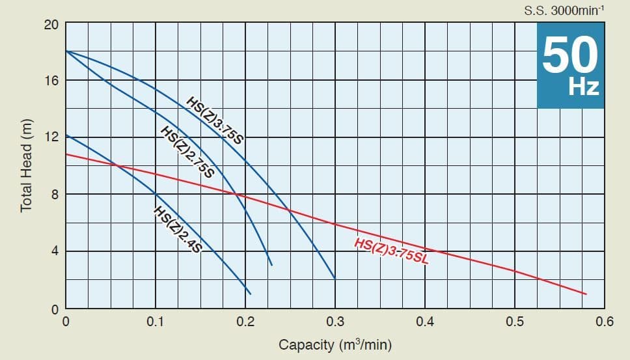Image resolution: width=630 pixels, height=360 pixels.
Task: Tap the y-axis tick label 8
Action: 55,194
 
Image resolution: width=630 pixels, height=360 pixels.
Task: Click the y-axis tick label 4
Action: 55,251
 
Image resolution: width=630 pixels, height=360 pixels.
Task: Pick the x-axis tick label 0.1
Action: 155,322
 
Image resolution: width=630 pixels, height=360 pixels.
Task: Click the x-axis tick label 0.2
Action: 245,322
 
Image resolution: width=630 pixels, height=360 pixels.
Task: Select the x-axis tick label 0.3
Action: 335,322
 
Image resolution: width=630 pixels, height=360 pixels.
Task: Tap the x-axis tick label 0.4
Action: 424,322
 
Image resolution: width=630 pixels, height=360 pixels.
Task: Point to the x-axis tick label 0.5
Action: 514,322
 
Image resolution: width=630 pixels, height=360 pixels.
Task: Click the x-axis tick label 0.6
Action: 604,322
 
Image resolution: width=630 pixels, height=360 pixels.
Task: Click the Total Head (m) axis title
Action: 27,166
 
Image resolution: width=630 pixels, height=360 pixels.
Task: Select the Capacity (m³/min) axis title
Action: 335,344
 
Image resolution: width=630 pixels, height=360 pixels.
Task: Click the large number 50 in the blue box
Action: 570,55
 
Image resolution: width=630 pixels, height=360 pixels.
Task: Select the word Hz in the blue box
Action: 583,87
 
